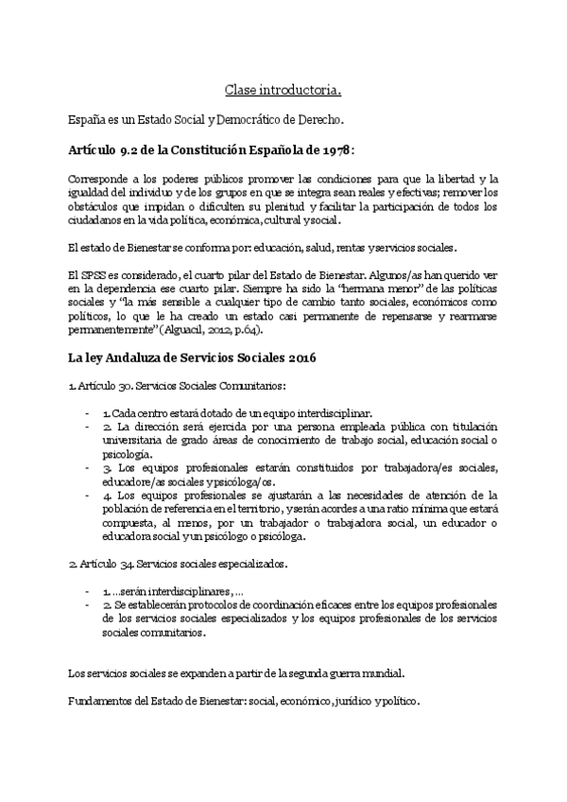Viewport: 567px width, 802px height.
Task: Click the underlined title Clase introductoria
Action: point(283,91)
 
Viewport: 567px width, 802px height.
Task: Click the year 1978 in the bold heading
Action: point(338,151)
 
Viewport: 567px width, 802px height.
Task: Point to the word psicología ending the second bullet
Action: point(131,453)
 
